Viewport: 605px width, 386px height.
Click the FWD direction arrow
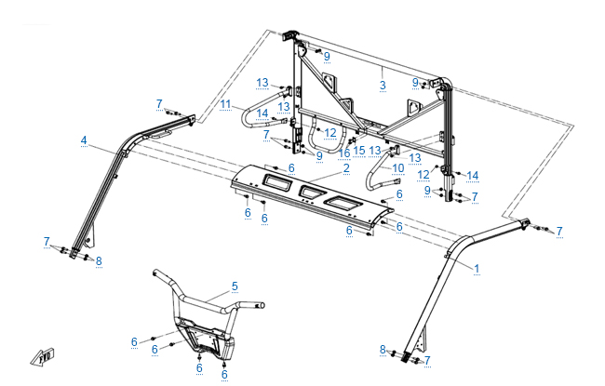(43, 357)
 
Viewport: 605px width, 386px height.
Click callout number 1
(477, 269)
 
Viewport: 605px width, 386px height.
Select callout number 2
(346, 168)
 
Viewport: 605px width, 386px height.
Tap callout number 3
(383, 86)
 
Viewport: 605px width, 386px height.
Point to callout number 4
(84, 140)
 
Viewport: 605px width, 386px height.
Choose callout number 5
(235, 286)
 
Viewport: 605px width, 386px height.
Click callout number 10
(397, 168)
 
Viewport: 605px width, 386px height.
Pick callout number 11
(225, 104)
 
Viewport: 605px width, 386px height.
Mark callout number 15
(359, 151)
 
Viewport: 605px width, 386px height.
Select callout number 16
(343, 153)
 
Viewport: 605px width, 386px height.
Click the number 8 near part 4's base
(99, 261)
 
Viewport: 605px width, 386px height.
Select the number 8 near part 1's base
(383, 350)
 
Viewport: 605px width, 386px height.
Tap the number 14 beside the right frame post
(472, 176)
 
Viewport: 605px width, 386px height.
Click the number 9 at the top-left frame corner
(327, 57)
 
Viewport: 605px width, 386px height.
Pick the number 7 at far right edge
(559, 232)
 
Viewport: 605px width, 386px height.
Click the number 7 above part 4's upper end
(159, 104)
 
